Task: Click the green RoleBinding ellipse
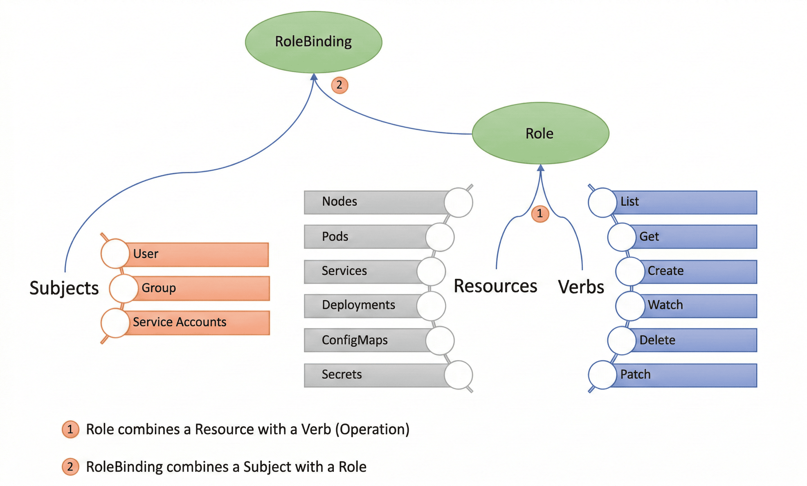tap(314, 42)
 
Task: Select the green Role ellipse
tap(540, 133)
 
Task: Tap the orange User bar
tap(197, 255)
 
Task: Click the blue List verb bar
tap(685, 202)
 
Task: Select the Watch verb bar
tap(698, 306)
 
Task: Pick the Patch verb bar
tap(685, 375)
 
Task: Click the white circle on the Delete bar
tap(622, 341)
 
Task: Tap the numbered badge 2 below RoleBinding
tap(339, 85)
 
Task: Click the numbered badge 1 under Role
tap(540, 214)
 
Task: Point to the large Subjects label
tap(64, 288)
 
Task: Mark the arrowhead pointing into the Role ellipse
tap(541, 168)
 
